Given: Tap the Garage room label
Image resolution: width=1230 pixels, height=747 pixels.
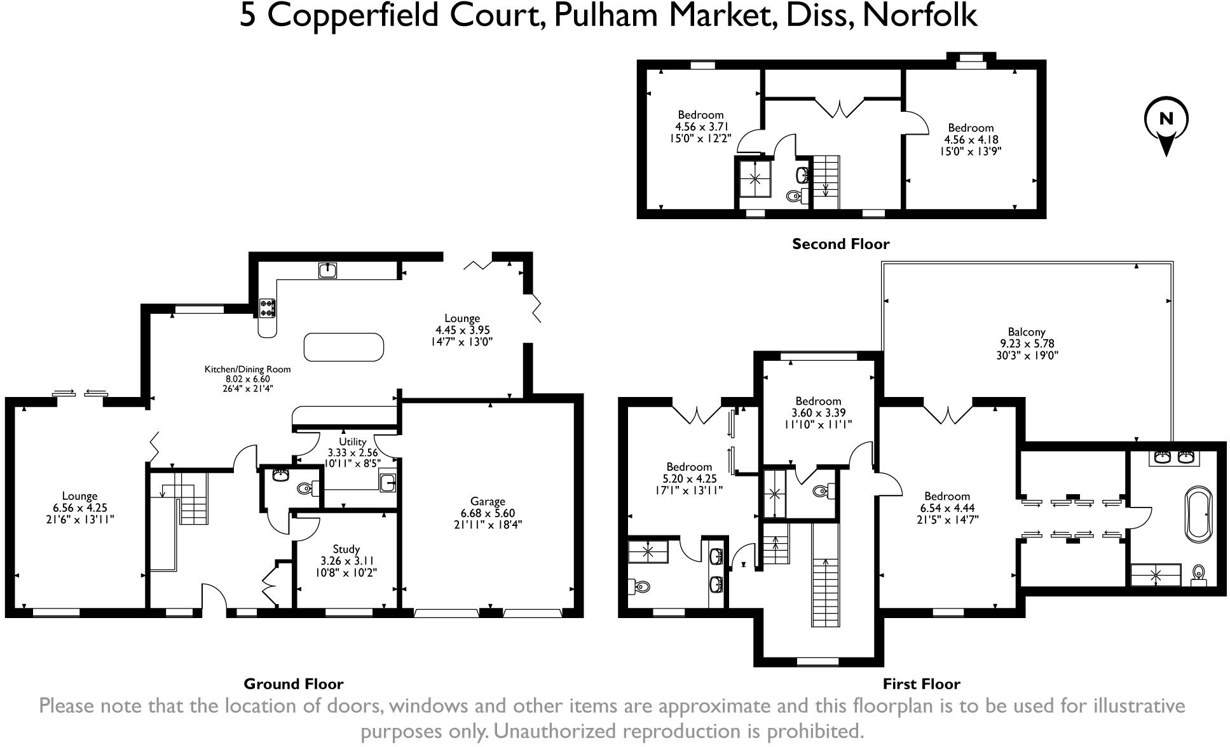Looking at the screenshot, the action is [488, 501].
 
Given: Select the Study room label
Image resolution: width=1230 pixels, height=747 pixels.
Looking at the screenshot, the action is [346, 549].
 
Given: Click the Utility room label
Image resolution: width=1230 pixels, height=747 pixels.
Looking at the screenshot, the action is [352, 441].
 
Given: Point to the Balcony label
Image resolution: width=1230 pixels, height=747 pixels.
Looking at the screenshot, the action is [1027, 332].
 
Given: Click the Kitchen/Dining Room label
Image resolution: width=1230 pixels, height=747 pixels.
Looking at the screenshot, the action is [247, 369].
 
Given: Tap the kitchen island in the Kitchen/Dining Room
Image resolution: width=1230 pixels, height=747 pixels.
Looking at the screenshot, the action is [344, 347].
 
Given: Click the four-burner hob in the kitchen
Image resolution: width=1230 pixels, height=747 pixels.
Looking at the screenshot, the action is [267, 308].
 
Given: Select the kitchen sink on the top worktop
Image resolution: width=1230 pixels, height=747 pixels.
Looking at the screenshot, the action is [327, 271].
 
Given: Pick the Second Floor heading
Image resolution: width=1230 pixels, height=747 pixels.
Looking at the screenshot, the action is [840, 244].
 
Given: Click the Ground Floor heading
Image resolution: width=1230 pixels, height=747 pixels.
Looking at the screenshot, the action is [293, 684].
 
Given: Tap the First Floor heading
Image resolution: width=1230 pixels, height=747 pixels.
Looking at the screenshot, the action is [921, 684].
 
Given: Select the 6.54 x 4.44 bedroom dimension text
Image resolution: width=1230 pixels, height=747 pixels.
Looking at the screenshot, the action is [947, 508].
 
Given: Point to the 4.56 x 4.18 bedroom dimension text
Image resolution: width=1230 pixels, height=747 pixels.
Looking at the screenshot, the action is [971, 140].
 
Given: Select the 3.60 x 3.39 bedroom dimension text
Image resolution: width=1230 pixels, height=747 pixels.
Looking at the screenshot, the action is [818, 413].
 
